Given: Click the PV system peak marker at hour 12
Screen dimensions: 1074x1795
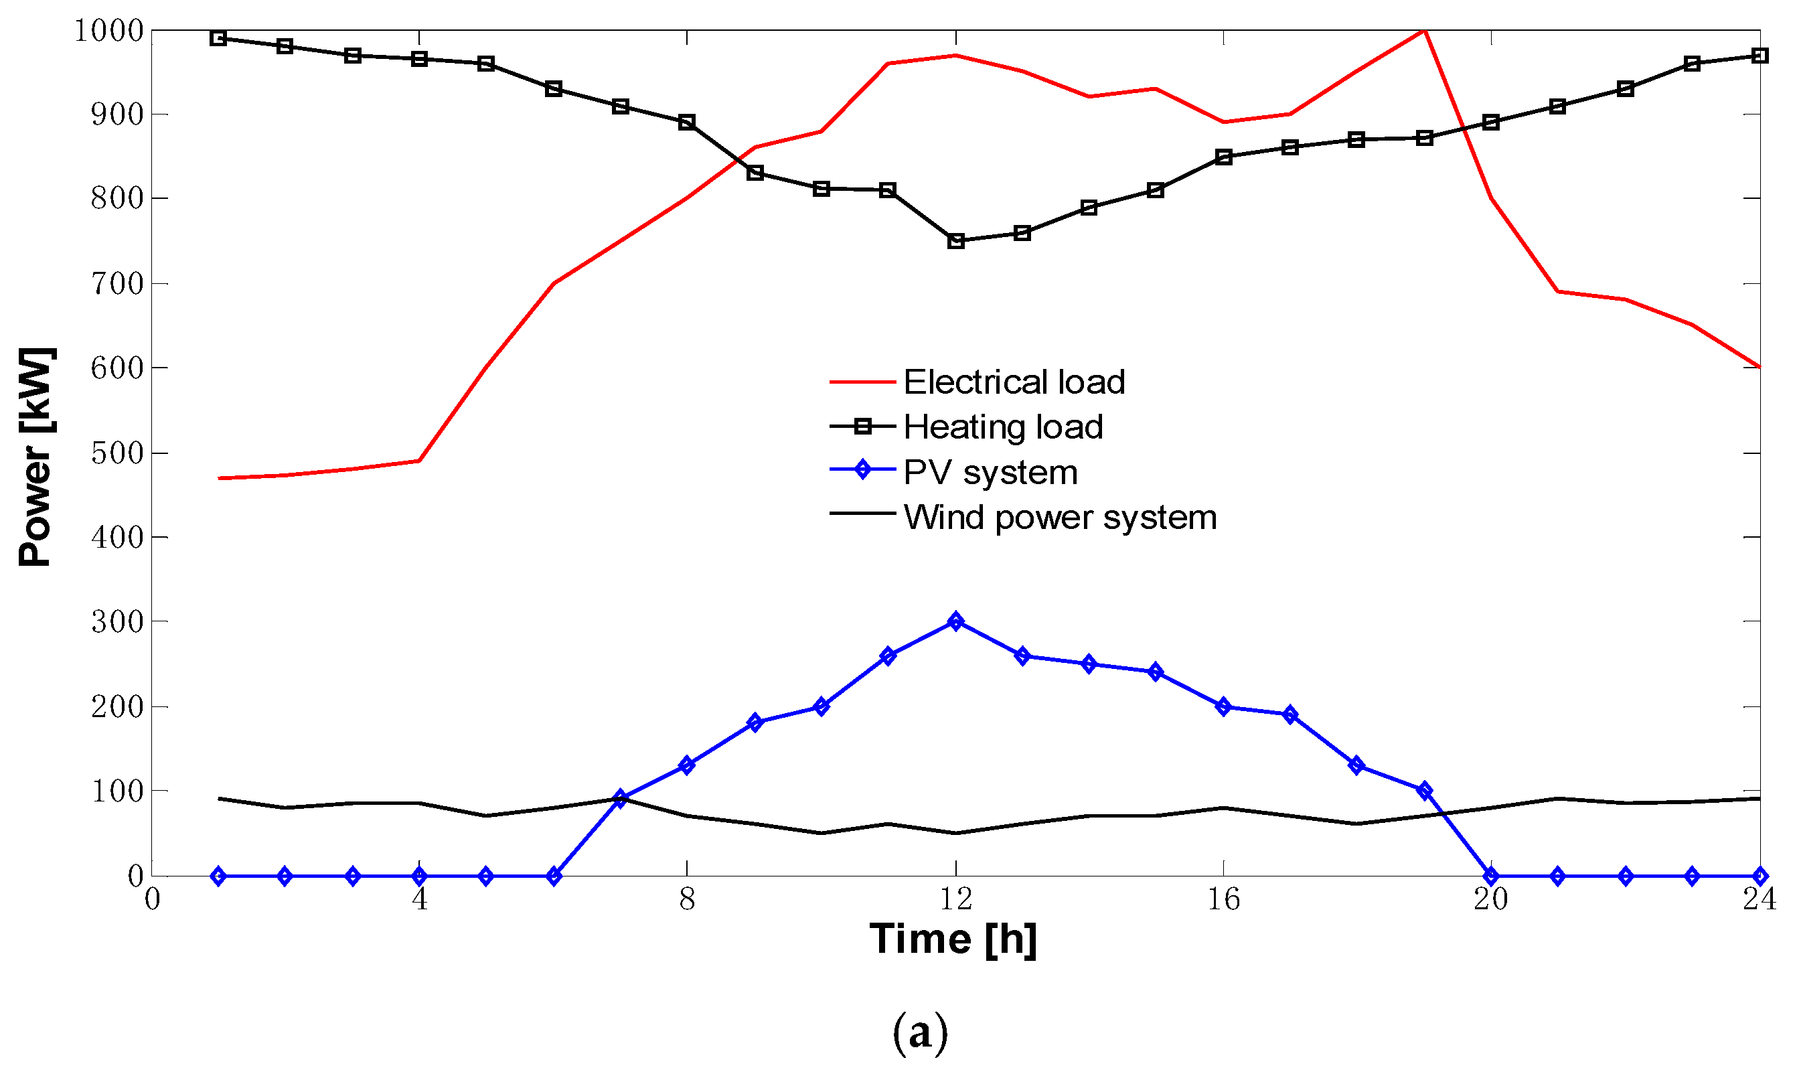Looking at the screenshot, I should [955, 621].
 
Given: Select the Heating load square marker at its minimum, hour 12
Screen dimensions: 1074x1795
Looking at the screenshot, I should [955, 241].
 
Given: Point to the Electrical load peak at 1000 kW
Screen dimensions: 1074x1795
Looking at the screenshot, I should [1423, 30].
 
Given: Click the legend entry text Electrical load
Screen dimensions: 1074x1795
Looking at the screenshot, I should [1014, 382].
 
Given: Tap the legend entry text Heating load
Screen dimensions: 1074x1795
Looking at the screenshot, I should [1003, 427].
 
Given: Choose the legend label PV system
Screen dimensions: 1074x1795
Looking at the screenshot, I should [990, 472].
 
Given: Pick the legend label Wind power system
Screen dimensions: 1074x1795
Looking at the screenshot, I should [1060, 518].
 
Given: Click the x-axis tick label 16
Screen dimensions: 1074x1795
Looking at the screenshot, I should [1223, 899].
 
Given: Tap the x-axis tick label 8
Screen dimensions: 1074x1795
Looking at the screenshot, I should [687, 899].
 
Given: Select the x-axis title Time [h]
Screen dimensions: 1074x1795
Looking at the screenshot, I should [953, 939].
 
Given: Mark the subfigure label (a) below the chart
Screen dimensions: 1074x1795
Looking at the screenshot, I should [919, 1032].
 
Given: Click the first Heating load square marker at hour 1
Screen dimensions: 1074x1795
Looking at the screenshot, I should [218, 38].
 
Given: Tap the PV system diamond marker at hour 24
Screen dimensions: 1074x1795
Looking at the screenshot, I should [1760, 876].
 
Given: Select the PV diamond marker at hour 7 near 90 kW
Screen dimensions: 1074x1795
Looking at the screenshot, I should [620, 798].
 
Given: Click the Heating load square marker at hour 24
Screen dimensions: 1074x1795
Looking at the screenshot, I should [1760, 56].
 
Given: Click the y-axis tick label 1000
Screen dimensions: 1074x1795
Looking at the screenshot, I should [109, 30].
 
